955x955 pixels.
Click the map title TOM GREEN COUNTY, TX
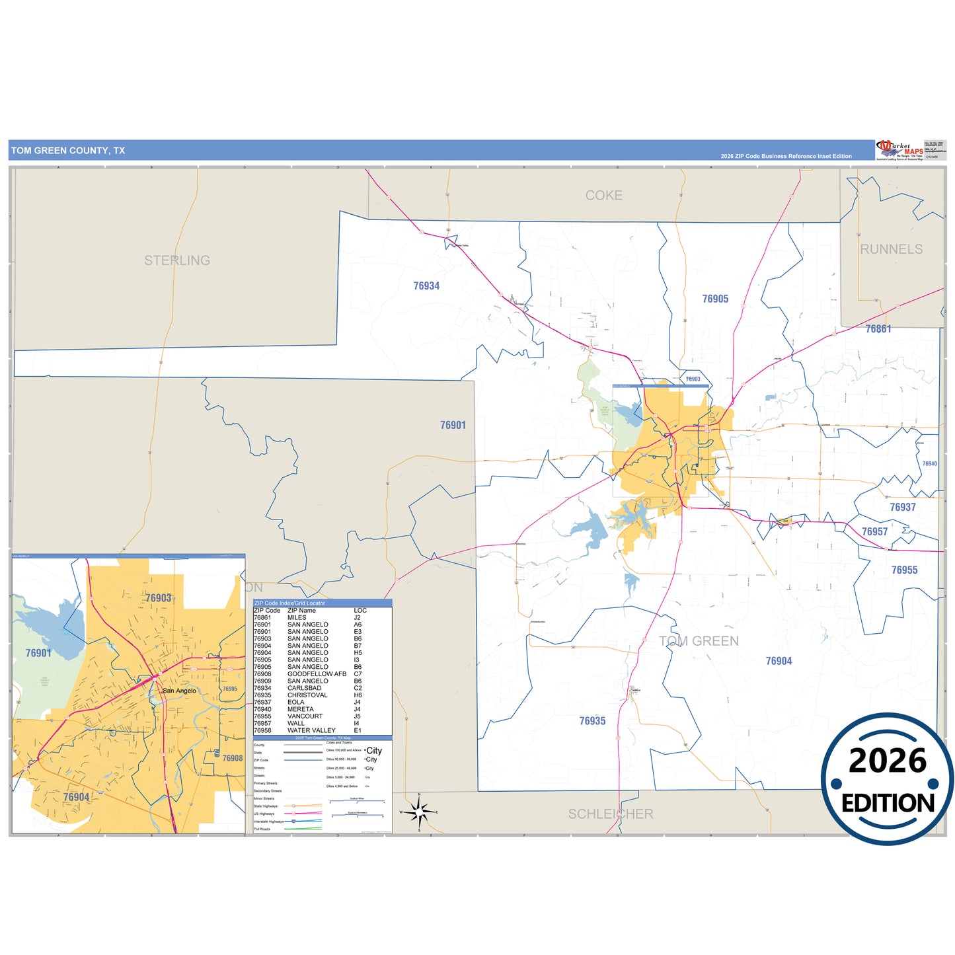(68, 151)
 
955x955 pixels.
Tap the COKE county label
(603, 196)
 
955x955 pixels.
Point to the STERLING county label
(177, 260)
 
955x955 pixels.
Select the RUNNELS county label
(891, 249)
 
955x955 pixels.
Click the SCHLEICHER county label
(611, 814)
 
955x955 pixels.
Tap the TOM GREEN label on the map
(699, 641)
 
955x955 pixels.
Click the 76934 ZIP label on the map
(426, 286)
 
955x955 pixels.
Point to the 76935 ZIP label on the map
(592, 721)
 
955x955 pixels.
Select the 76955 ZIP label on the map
(904, 570)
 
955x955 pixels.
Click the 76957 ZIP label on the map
(874, 532)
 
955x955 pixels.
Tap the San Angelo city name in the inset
(179, 691)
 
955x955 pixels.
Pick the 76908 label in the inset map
(233, 758)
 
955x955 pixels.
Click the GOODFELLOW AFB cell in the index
(317, 674)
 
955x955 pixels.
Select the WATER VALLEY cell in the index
(311, 730)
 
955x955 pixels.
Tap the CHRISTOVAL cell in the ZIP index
(307, 695)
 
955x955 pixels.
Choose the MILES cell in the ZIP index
(297, 617)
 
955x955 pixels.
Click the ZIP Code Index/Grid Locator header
(290, 603)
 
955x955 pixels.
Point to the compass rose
(419, 812)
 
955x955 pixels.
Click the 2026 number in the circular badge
(888, 761)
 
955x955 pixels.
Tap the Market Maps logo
(899, 150)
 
